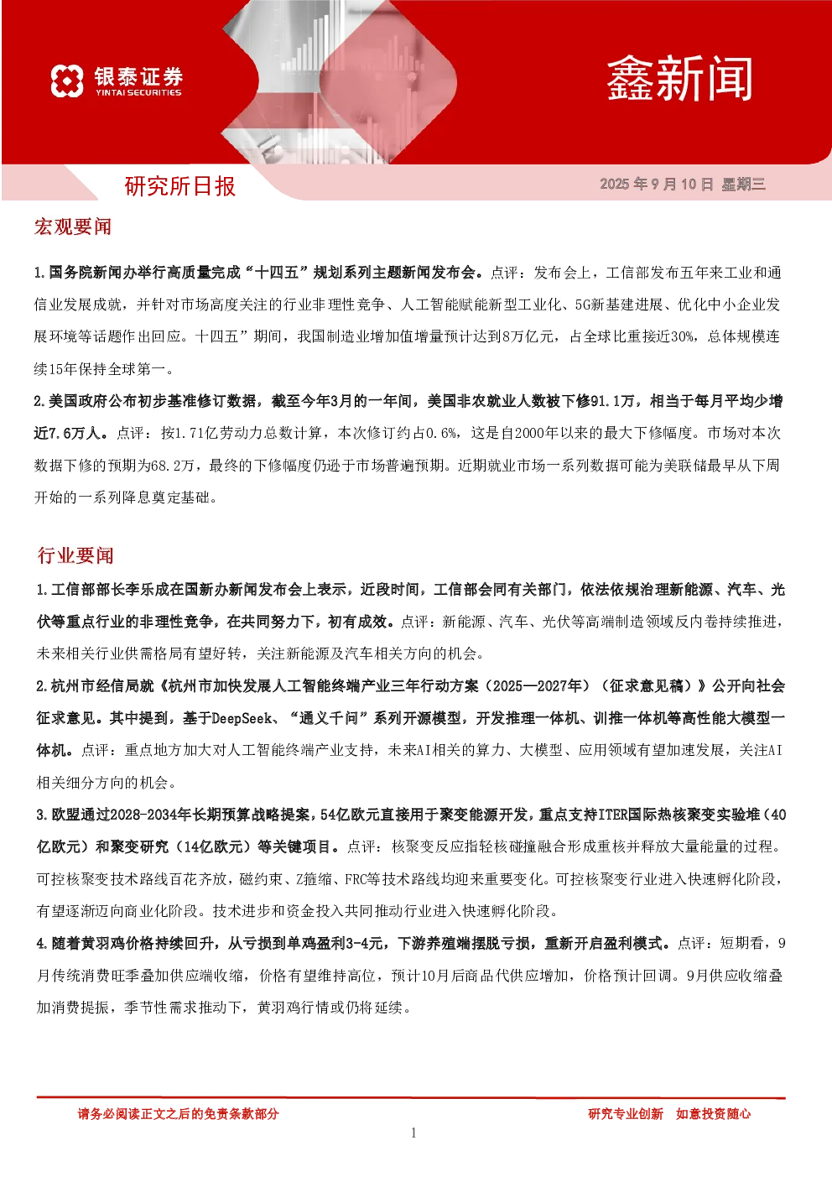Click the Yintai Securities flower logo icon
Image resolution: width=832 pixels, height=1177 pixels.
pos(67,81)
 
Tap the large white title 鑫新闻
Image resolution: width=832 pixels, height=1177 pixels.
pos(679,79)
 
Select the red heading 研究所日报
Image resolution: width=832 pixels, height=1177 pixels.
pos(180,186)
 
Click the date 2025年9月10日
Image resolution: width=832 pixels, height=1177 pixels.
pos(657,184)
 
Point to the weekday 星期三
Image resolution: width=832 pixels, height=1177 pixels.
pos(744,184)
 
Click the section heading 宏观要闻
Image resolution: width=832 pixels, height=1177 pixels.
pos(73,227)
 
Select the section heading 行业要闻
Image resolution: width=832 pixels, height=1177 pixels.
pos(75,555)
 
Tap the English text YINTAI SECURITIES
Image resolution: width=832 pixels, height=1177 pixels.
pos(138,92)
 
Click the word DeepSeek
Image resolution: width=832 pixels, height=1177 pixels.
pos(242,718)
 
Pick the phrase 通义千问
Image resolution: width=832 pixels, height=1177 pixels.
pos(329,718)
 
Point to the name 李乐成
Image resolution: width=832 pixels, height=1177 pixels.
pos(147,590)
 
